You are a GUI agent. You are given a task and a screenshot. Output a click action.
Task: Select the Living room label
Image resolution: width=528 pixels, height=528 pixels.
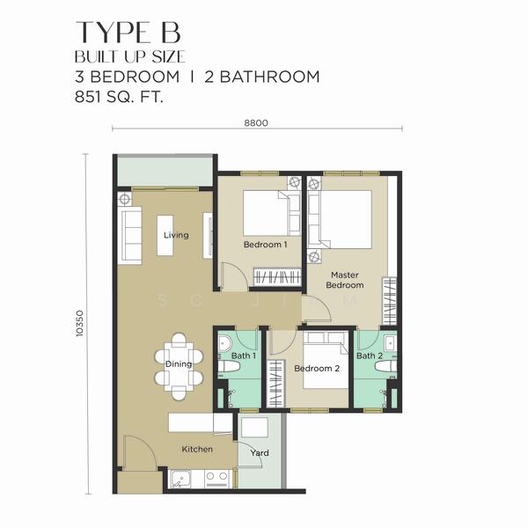176,235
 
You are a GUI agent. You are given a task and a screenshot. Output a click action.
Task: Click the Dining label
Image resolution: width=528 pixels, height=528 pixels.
179,363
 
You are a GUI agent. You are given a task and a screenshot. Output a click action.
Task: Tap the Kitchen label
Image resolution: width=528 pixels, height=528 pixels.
197,449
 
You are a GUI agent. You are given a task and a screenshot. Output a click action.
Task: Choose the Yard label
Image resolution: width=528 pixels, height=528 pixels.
260,453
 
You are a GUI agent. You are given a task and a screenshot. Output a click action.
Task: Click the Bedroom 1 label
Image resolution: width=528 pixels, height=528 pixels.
265,244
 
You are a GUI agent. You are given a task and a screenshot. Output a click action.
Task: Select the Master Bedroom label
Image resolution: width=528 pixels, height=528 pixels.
345,280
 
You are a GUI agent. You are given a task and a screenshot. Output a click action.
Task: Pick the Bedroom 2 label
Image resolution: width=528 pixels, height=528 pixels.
317,369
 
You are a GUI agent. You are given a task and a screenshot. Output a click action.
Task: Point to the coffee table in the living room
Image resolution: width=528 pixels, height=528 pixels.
171,235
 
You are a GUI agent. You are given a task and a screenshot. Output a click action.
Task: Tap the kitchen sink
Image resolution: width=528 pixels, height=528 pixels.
183,480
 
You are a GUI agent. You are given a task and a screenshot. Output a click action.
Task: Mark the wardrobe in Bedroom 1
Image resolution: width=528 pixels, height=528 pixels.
276,278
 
